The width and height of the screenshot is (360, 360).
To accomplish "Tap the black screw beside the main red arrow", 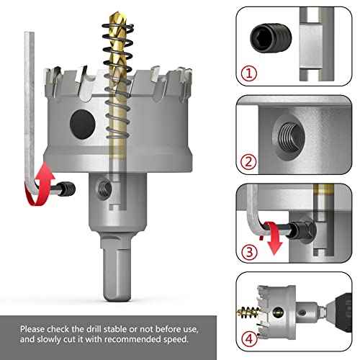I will pyautogui.click(x=67, y=188).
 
